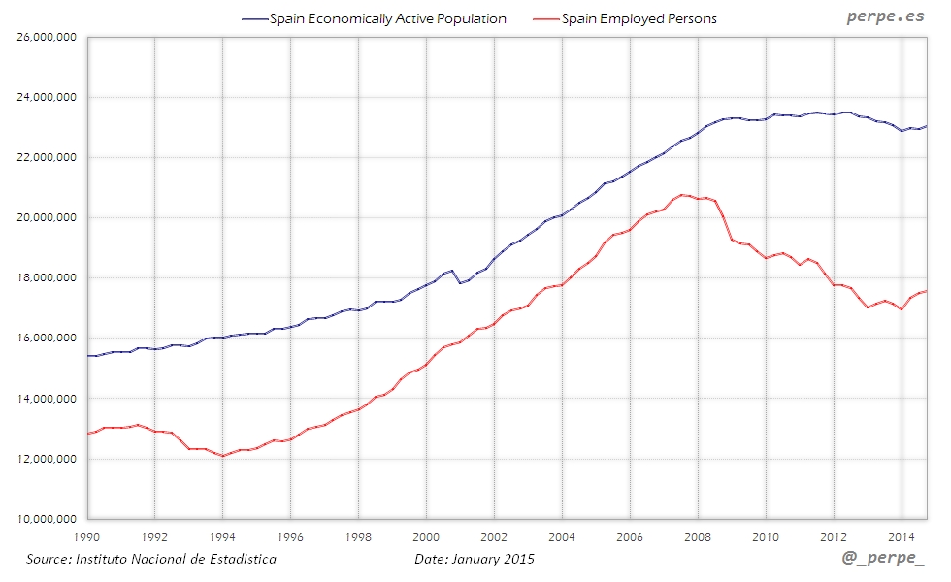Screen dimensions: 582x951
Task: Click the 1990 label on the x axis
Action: [x=88, y=535]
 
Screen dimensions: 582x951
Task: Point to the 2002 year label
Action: [x=495, y=535]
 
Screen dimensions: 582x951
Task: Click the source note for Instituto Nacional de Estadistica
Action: [x=151, y=560]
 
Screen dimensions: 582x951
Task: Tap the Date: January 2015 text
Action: [x=475, y=560]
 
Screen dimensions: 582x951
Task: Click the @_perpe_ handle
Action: [x=883, y=560]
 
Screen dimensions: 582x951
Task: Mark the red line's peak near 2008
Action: [x=683, y=195]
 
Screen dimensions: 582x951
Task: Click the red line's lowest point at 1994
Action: [x=223, y=456]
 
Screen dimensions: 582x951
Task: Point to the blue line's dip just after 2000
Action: [x=460, y=282]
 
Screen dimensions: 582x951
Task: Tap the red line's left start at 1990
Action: [x=88, y=434]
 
